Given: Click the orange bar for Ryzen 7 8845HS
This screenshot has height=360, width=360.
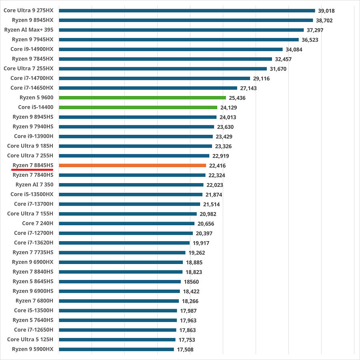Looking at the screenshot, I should [x=132, y=165].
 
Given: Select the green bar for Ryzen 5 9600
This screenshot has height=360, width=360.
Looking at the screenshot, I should [x=142, y=98].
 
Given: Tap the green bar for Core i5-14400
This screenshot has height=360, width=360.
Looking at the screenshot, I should [x=138, y=107].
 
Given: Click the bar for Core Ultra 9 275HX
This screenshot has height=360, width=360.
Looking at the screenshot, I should [x=187, y=11].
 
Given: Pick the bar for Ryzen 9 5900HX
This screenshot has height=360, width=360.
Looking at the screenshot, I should [x=116, y=349].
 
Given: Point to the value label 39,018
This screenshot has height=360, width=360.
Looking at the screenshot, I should [x=327, y=11].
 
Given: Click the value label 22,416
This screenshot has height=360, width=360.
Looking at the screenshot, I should [x=218, y=166].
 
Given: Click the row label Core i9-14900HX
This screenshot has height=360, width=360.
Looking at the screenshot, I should [x=32, y=49].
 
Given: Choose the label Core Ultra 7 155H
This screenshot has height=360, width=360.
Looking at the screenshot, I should [x=30, y=214].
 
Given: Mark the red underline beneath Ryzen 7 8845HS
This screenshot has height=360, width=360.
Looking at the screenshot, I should [x=33, y=170].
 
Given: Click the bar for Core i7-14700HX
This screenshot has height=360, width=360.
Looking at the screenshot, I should [x=154, y=78].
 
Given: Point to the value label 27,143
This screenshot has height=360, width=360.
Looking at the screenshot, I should [x=249, y=88].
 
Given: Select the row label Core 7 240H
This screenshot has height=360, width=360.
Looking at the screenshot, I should [x=38, y=223].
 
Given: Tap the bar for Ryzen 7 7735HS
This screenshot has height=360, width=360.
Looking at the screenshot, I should [x=122, y=252].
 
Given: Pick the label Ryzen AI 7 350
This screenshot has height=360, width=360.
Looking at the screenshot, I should [x=34, y=184].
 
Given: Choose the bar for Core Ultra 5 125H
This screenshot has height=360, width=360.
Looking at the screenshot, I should [x=117, y=340].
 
